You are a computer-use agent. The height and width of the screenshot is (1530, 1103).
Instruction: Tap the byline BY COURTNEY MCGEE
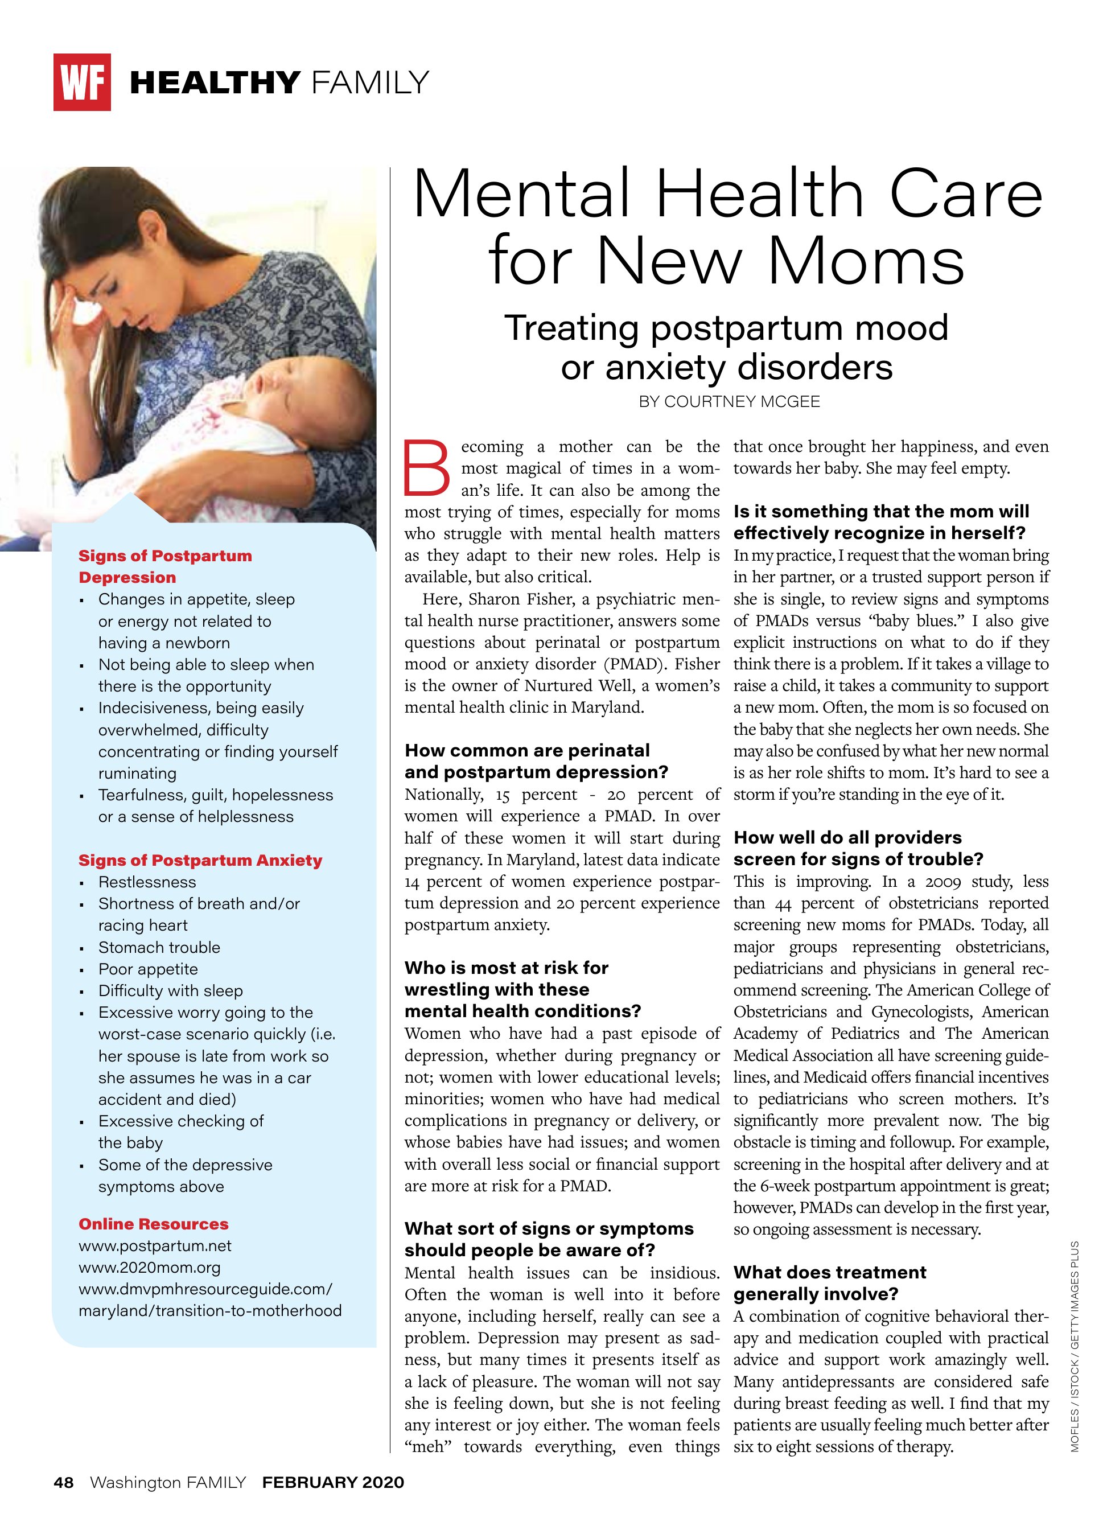pyautogui.click(x=729, y=401)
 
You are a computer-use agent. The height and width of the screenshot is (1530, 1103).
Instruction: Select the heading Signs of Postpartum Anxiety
pyautogui.click(x=200, y=860)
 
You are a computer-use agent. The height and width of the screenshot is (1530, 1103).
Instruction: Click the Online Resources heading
pyautogui.click(x=153, y=1224)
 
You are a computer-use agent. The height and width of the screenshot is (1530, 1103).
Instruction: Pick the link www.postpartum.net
pyautogui.click(x=154, y=1245)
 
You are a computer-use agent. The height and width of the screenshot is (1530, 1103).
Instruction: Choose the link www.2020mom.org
pyautogui.click(x=149, y=1267)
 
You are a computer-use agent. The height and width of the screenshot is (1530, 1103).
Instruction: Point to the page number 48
pyautogui.click(x=63, y=1482)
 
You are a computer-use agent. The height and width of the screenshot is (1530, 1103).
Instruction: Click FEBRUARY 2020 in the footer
pyautogui.click(x=334, y=1482)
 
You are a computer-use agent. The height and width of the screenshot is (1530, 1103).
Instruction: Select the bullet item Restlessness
pyautogui.click(x=147, y=882)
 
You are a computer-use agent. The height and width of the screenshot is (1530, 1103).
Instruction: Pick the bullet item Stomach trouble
pyautogui.click(x=159, y=947)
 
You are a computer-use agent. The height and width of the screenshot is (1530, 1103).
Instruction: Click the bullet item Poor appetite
pyautogui.click(x=148, y=969)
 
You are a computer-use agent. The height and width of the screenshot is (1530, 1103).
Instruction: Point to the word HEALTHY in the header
pyautogui.click(x=215, y=83)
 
